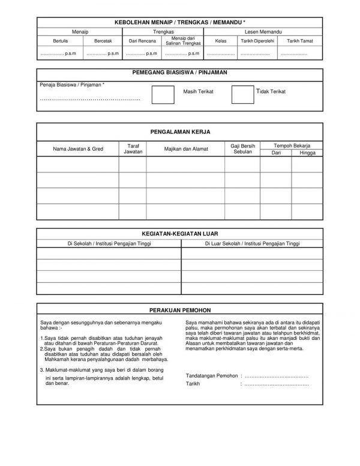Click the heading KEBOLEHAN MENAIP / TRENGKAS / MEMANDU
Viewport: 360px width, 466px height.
180,22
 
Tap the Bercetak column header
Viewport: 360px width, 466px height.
104,41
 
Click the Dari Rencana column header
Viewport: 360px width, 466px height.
143,41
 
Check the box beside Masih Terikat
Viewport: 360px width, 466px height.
163,94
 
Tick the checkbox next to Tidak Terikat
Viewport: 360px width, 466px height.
242,94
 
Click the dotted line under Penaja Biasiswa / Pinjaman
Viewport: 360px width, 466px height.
90,98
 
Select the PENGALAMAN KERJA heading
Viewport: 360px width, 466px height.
180,131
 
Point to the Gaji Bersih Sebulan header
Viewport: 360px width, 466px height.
242,148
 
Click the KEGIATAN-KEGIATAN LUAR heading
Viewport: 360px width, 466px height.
180,235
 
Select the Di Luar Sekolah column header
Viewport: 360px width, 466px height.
251,244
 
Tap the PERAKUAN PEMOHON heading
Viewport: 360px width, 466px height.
180,311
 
